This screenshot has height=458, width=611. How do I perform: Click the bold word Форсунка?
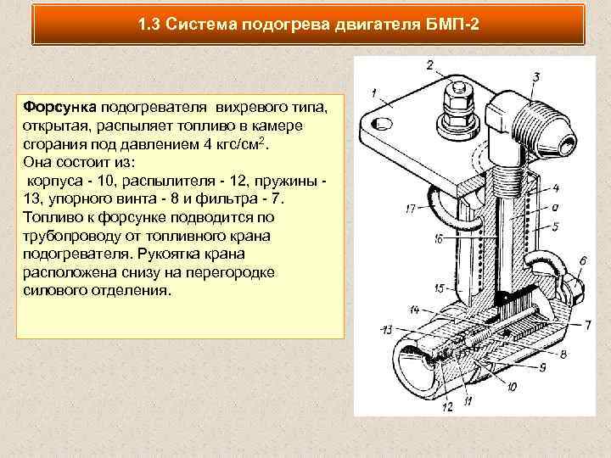(59, 107)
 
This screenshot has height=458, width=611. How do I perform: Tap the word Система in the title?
(201, 25)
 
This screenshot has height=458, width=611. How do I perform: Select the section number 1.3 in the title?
(149, 25)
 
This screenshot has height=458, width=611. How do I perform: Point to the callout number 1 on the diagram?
(374, 93)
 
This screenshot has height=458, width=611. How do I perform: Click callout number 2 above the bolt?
(430, 64)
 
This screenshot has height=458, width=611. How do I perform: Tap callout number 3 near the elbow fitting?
(536, 76)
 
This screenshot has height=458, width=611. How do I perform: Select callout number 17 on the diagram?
(411, 209)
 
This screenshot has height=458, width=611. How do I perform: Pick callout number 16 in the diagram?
(439, 238)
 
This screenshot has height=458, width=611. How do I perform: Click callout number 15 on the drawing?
(440, 288)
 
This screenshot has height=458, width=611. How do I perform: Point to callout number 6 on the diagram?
(583, 260)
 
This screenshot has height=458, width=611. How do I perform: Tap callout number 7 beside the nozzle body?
(587, 325)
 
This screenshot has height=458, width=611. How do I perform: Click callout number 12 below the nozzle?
(448, 406)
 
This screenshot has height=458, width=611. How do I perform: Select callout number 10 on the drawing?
(512, 387)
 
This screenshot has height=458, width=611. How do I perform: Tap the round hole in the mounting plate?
(382, 125)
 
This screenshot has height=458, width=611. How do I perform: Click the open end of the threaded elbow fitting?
(565, 145)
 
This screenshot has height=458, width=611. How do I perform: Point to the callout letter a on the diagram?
(554, 208)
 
